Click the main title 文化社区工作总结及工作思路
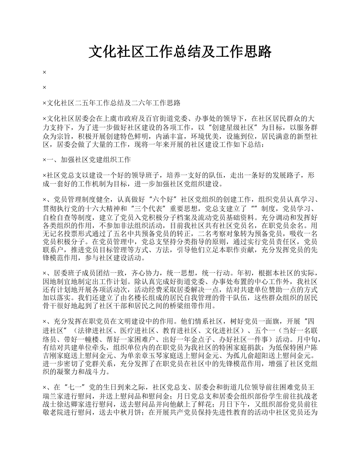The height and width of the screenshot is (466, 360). pyautogui.click(x=180, y=52)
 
